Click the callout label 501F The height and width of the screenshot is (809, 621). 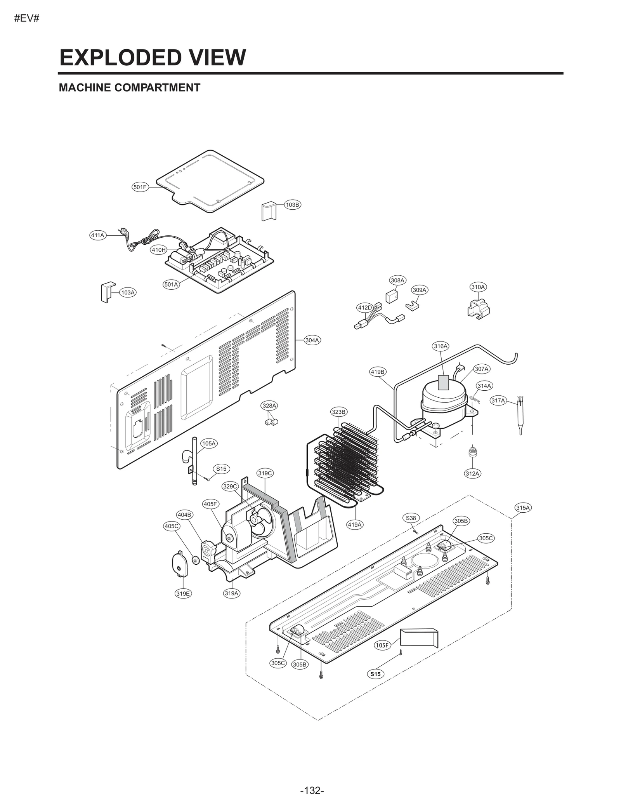(x=140, y=187)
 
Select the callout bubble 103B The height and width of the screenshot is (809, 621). (x=292, y=205)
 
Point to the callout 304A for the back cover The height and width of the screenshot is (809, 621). (x=312, y=340)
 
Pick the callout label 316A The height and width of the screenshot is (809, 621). (x=441, y=346)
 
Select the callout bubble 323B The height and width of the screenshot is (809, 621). (x=338, y=412)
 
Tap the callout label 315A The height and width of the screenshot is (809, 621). (x=523, y=508)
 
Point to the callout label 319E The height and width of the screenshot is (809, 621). (x=183, y=593)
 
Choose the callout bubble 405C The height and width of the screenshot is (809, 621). (x=172, y=526)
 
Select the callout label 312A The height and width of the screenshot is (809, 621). (x=472, y=473)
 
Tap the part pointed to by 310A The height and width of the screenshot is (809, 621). (x=479, y=309)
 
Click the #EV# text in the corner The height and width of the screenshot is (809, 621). (x=27, y=19)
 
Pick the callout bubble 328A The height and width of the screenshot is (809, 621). (x=269, y=406)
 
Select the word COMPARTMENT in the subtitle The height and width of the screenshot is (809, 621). (x=157, y=88)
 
